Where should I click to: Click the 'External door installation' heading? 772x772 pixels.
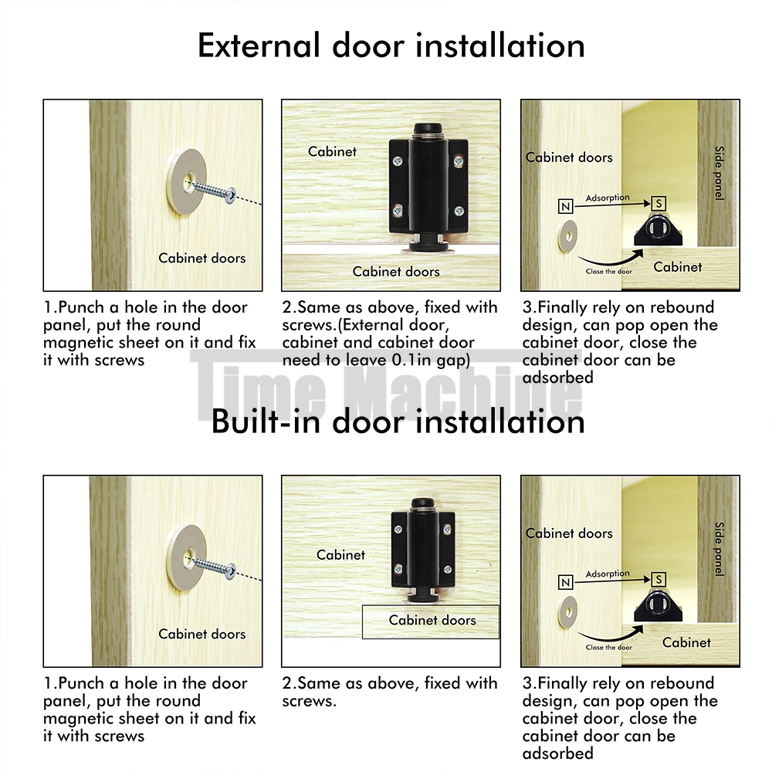pyautogui.click(x=391, y=46)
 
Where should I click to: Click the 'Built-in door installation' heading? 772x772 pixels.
pyautogui.click(x=398, y=422)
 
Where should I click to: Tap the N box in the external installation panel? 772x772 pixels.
pyautogui.click(x=566, y=206)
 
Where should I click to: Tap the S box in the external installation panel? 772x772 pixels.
pyautogui.click(x=659, y=203)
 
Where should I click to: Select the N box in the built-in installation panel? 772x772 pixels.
pyautogui.click(x=566, y=582)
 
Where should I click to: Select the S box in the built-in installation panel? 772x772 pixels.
pyautogui.click(x=659, y=580)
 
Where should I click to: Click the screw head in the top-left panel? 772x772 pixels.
pyautogui.click(x=230, y=195)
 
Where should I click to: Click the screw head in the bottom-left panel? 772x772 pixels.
pyautogui.click(x=230, y=571)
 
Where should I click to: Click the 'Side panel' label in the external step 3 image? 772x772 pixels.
pyautogui.click(x=720, y=173)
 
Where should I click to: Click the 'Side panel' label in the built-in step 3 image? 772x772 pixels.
pyautogui.click(x=720, y=549)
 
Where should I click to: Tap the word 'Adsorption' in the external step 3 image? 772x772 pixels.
pyautogui.click(x=608, y=198)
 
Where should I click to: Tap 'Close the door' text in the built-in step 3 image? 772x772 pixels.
pyautogui.click(x=608, y=648)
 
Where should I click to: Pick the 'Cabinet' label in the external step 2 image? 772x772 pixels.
pyautogui.click(x=332, y=151)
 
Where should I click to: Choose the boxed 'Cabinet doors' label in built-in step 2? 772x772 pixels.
pyautogui.click(x=431, y=621)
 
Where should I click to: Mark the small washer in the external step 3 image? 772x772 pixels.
pyautogui.click(x=567, y=237)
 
